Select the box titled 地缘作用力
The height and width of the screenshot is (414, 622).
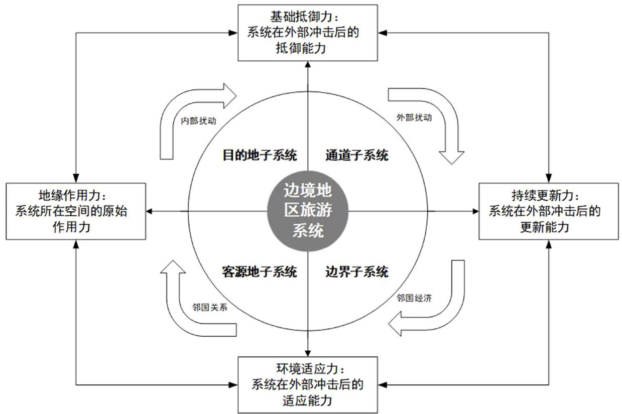click(75, 211)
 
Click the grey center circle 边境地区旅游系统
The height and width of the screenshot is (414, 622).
click(307, 211)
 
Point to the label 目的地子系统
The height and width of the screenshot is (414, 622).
click(260, 155)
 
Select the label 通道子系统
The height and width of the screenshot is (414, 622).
click(356, 155)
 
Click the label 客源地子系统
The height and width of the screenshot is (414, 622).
click(260, 272)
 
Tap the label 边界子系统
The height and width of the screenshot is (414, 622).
click(356, 272)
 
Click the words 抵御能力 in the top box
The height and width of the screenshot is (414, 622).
click(307, 48)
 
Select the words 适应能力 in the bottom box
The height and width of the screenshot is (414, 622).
click(307, 400)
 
